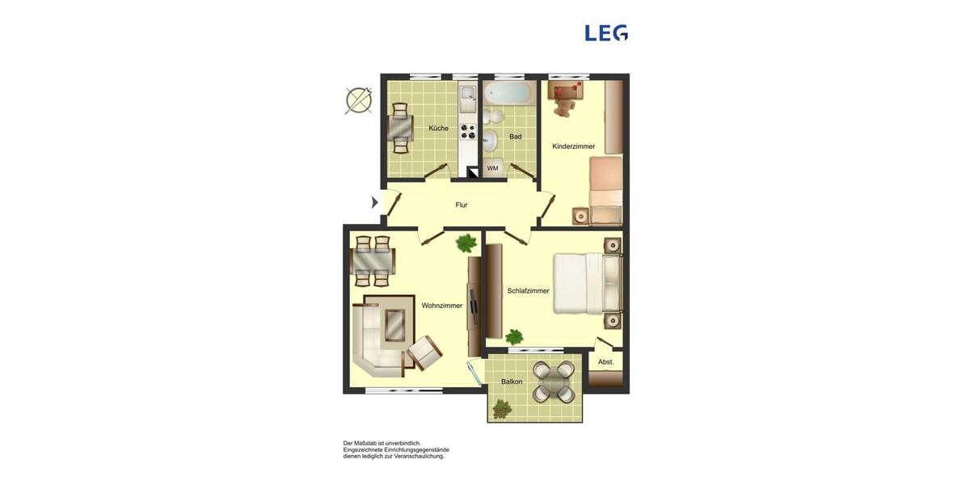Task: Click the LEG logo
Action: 606,33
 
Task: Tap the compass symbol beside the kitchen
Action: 359,100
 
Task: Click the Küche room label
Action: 438,129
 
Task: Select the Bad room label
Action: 515,137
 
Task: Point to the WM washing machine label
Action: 492,168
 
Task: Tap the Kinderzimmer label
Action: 573,146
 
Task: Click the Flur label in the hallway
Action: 461,205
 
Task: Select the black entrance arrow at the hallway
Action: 374,202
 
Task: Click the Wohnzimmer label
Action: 441,306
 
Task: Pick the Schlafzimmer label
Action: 528,291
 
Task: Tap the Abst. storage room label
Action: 605,362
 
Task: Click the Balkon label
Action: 511,382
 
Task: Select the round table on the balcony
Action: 555,382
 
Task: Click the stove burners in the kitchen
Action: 466,131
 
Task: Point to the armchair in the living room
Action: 424,352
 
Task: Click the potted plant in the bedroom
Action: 514,336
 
